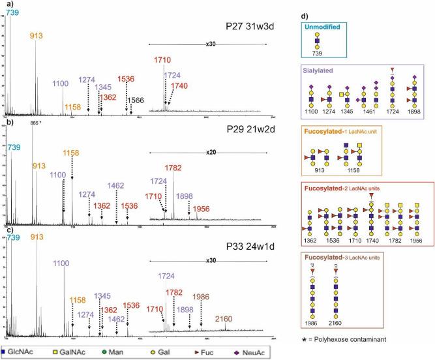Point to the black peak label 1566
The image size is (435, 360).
tap(135, 99)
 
